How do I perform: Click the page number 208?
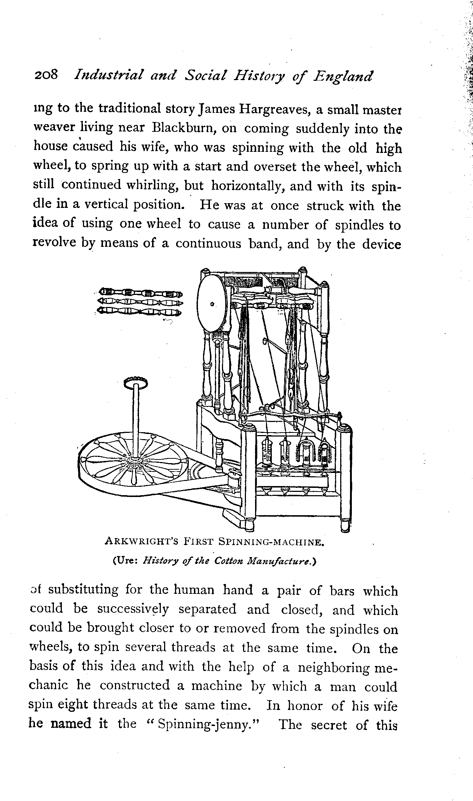[46, 75]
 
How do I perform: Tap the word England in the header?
[343, 76]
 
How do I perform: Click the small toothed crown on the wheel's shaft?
[136, 382]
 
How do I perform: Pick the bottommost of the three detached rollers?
[140, 312]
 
